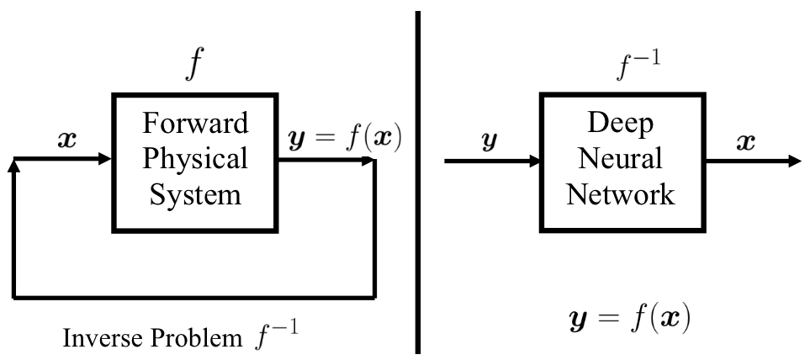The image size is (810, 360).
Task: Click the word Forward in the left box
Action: tap(195, 123)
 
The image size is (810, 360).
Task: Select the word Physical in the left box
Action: tap(195, 158)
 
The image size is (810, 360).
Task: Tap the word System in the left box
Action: tap(195, 194)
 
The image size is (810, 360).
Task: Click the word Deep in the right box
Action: tap(620, 123)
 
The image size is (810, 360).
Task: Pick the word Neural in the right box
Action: tap(620, 158)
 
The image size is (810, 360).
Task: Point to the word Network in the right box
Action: tap(620, 194)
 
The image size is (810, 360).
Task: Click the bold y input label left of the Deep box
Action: tap(487, 141)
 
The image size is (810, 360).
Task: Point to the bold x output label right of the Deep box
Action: tap(745, 141)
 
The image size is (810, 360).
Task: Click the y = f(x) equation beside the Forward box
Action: tap(334, 139)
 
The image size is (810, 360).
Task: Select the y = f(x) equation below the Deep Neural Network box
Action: tap(627, 320)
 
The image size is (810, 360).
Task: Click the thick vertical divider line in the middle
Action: tap(418, 180)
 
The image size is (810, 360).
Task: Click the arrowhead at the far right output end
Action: tap(794, 160)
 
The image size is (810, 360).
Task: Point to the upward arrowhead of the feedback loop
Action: tap(13, 166)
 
